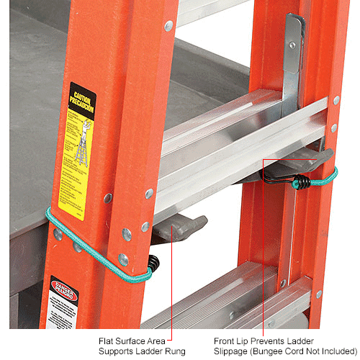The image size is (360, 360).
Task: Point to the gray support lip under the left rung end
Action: (181, 229)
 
